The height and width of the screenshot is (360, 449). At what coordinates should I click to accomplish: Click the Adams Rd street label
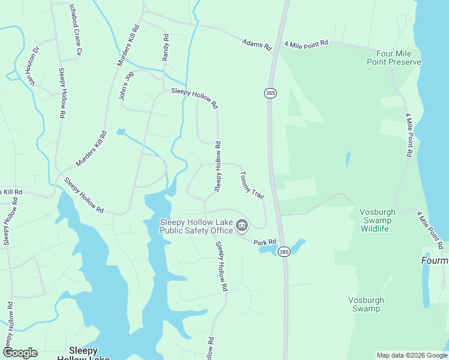(x=257, y=44)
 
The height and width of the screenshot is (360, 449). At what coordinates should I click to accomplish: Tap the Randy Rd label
(x=166, y=47)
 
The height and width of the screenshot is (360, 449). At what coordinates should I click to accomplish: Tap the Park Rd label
(x=264, y=242)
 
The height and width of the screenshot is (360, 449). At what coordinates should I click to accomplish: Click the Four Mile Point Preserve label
(x=394, y=58)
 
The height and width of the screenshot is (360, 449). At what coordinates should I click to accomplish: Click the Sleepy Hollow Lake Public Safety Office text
(x=196, y=226)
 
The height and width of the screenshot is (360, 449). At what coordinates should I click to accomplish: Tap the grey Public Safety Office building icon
(x=241, y=226)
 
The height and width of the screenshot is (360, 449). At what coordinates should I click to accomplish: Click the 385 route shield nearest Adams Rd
(x=270, y=94)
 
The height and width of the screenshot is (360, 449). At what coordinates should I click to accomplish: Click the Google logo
(x=20, y=353)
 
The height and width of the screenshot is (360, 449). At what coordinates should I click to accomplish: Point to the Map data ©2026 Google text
(x=412, y=355)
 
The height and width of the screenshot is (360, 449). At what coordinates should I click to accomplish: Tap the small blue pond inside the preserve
(x=348, y=159)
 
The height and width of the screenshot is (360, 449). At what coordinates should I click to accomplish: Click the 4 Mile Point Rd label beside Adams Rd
(x=306, y=44)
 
